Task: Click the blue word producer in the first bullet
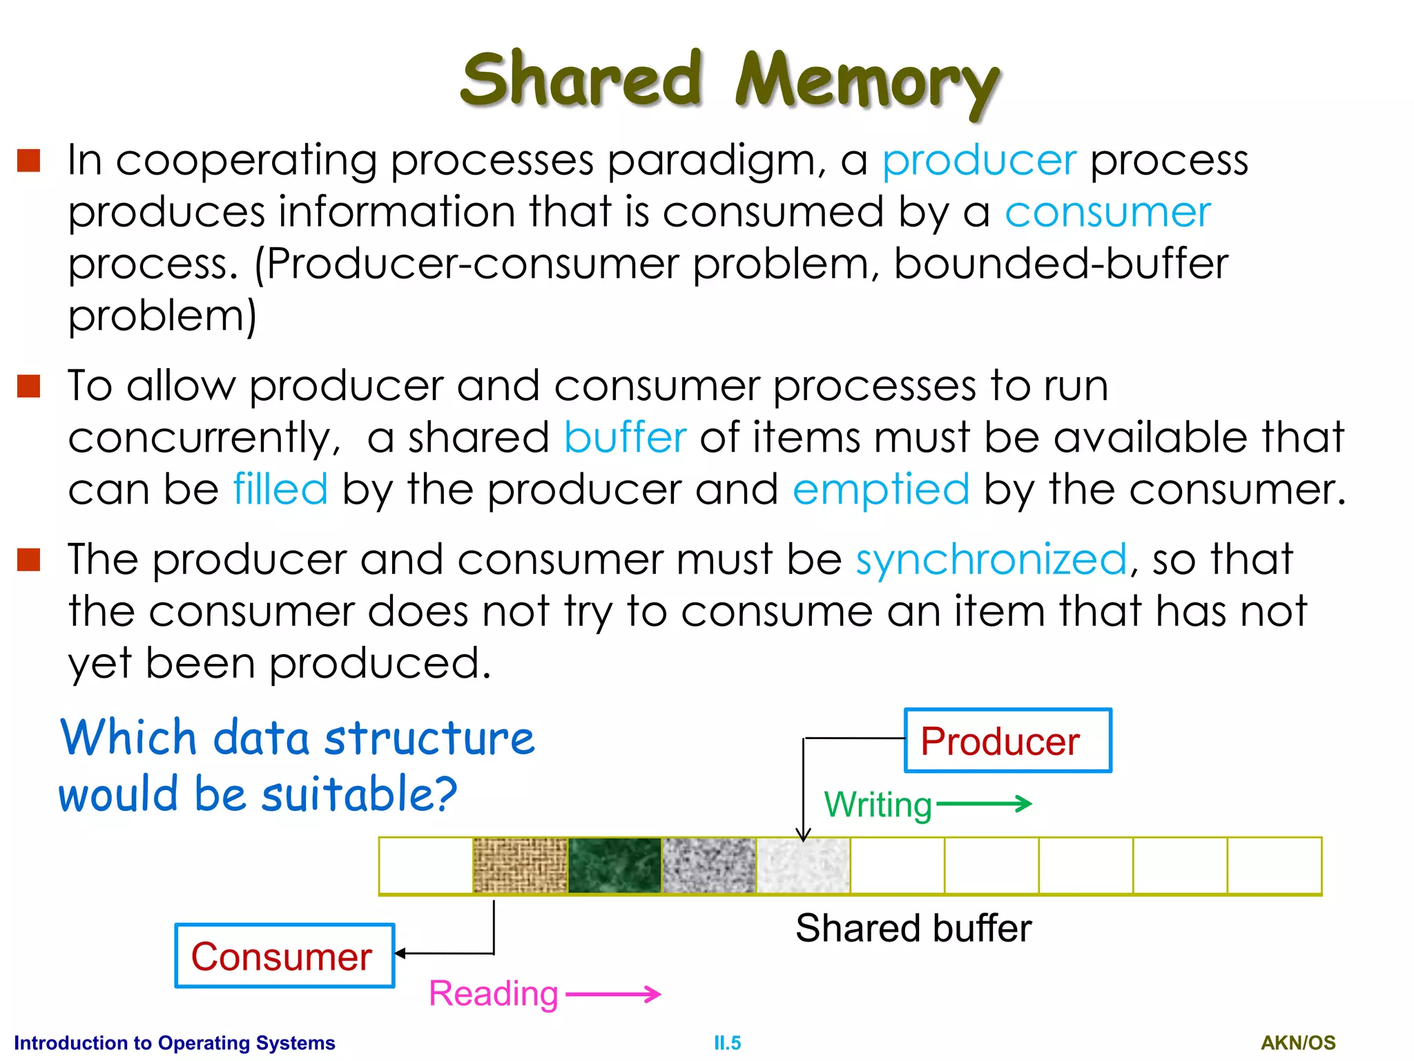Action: (x=979, y=160)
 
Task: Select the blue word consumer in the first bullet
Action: (x=1107, y=212)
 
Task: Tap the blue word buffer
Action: (x=625, y=437)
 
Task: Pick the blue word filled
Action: (x=280, y=489)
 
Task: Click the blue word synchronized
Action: (x=991, y=559)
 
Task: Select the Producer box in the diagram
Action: (x=1007, y=740)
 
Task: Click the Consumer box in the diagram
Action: (x=284, y=956)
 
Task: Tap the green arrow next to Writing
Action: (x=984, y=803)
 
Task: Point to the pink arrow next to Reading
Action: (x=613, y=994)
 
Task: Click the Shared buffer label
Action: (x=913, y=928)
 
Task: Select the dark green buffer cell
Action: (x=614, y=865)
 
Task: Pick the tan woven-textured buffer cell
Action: (x=520, y=865)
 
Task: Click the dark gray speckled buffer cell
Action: (x=708, y=865)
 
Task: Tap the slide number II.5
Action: (x=727, y=1043)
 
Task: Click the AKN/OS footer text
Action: (x=1298, y=1043)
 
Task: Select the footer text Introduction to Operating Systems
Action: (x=175, y=1043)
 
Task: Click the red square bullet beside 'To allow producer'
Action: (x=29, y=386)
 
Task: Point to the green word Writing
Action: (x=878, y=805)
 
